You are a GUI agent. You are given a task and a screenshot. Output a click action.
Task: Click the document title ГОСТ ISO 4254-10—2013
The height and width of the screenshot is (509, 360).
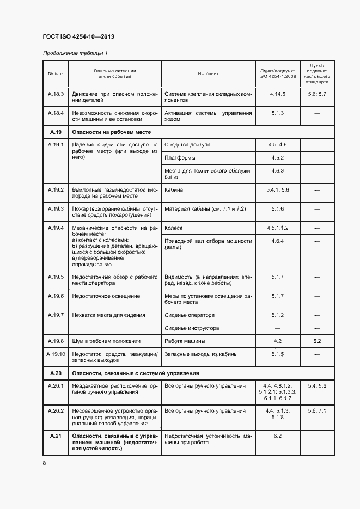(x=78, y=37)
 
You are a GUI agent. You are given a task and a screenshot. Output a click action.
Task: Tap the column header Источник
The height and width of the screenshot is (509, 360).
(x=208, y=73)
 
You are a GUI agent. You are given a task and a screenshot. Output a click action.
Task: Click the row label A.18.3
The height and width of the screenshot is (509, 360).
(x=56, y=94)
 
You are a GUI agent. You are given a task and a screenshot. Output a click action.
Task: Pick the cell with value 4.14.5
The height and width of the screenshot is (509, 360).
(x=277, y=94)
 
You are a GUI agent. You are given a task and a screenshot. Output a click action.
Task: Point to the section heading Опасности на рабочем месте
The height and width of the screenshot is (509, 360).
(x=111, y=132)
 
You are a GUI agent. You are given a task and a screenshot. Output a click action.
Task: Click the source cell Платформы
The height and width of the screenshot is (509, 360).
(x=180, y=158)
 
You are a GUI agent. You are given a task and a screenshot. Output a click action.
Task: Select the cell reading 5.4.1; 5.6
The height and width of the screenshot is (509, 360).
(x=277, y=190)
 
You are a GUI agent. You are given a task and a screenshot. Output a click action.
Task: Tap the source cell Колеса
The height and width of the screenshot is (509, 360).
(x=174, y=228)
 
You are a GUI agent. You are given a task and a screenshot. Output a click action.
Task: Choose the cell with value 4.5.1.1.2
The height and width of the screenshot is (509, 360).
(x=277, y=228)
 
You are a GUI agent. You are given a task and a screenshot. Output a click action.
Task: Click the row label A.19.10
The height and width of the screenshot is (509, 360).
(x=56, y=354)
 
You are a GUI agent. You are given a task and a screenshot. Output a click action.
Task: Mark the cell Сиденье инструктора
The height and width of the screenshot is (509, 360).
(x=192, y=328)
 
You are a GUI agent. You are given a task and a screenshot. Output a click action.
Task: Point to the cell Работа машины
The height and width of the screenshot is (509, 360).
(x=185, y=341)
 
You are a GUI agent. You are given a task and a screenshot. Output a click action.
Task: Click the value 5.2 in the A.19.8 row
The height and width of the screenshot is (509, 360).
(x=317, y=341)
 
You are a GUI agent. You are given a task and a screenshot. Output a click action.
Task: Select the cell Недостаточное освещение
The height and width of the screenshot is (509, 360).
(x=106, y=296)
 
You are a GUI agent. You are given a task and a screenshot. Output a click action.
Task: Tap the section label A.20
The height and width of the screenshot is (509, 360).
(x=56, y=373)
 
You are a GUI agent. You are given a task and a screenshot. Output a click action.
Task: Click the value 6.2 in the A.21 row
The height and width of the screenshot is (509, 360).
(x=277, y=436)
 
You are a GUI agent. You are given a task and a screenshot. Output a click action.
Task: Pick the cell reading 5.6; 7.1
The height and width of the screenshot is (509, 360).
(x=317, y=411)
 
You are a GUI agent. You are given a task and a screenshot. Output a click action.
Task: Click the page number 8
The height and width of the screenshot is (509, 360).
(x=44, y=463)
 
